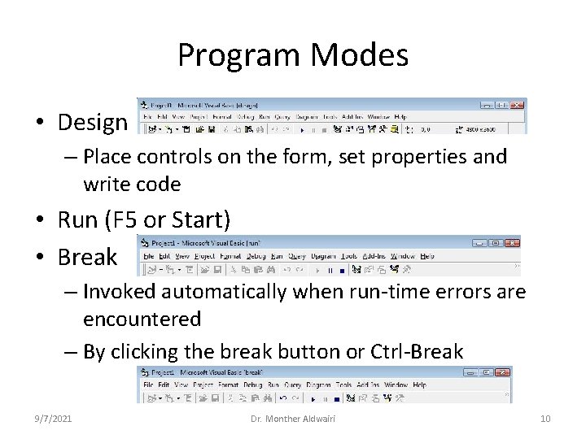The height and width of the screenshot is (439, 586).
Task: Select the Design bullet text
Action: coord(93,123)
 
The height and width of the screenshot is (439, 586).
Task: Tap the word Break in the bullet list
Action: coord(87,258)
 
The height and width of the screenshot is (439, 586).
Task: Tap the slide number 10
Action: coord(545,418)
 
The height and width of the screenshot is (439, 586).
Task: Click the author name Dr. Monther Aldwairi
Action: coord(293,418)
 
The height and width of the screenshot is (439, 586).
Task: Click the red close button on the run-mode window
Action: coord(511,242)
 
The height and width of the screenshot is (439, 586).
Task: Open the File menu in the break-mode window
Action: coord(148,385)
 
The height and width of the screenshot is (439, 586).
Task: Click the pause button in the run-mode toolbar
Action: coord(330,269)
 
